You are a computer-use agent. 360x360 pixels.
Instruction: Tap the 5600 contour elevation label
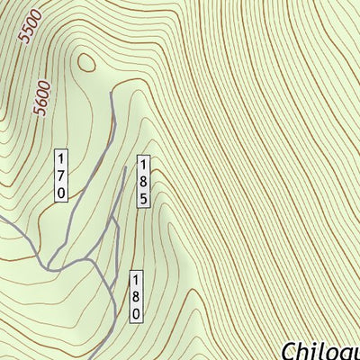pyautogui.click(x=41, y=94)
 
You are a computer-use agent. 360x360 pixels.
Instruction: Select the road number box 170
pyautogui.click(x=61, y=174)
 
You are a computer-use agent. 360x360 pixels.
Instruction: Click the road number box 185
pyautogui.click(x=142, y=182)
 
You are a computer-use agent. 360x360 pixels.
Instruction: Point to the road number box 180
pyautogui.click(x=137, y=297)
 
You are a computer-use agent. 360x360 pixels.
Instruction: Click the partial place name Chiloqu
pyautogui.click(x=321, y=350)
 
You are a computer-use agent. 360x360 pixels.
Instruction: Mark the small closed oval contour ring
pyautogui.click(x=86, y=62)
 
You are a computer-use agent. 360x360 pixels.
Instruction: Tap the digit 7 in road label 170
pyautogui.click(x=61, y=174)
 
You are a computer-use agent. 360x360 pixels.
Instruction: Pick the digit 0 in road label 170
pyautogui.click(x=61, y=191)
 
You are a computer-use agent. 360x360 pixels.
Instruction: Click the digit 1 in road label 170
pyautogui.click(x=61, y=157)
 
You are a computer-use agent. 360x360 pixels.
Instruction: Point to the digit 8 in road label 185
pyautogui.click(x=142, y=182)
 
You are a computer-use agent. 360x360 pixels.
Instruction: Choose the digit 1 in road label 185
pyautogui.click(x=142, y=165)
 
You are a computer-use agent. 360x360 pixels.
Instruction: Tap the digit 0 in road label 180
pyautogui.click(x=137, y=314)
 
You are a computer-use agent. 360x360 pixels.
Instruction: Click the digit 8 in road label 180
pyautogui.click(x=137, y=297)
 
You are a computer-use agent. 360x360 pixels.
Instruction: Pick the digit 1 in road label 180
pyautogui.click(x=137, y=280)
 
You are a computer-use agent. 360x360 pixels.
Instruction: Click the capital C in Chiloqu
pyautogui.click(x=291, y=350)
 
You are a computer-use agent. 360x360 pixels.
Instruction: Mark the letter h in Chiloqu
pyautogui.click(x=308, y=349)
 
